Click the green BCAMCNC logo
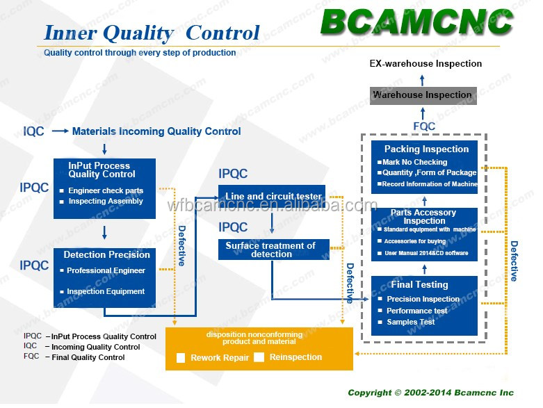(x=416, y=22)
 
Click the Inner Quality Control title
(x=152, y=33)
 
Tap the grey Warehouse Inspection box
(x=423, y=95)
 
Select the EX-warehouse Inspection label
(x=426, y=64)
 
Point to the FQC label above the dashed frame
(x=424, y=127)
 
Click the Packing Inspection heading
(x=426, y=149)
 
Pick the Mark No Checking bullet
(x=412, y=162)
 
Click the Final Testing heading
(x=419, y=284)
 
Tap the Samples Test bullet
(x=406, y=322)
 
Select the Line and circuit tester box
(x=271, y=196)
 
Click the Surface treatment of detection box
(x=273, y=250)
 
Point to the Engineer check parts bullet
(x=102, y=190)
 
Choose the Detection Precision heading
(x=106, y=254)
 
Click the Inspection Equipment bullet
(x=102, y=291)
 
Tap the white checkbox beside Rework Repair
(x=181, y=358)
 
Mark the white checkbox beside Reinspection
(x=259, y=357)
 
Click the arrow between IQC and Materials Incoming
(x=60, y=131)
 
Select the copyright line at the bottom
(x=431, y=393)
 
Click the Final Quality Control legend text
(x=88, y=357)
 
